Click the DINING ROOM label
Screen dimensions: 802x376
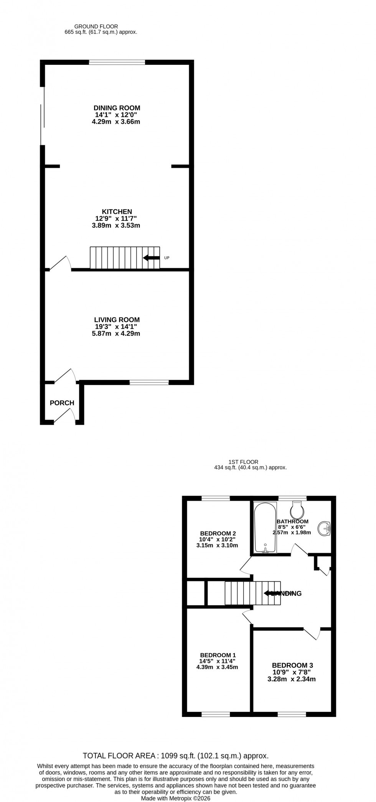(x=117, y=108)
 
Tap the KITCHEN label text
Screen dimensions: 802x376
(x=117, y=211)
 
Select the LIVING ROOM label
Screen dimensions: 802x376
(x=117, y=319)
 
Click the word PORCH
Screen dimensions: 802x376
(x=62, y=403)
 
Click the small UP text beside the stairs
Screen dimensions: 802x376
(x=167, y=258)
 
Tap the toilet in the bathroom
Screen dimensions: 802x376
(x=297, y=509)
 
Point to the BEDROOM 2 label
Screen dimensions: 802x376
(x=218, y=533)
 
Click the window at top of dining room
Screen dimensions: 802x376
(x=117, y=62)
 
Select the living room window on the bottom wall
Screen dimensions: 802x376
(x=149, y=382)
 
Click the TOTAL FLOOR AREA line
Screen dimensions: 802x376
(x=176, y=756)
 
